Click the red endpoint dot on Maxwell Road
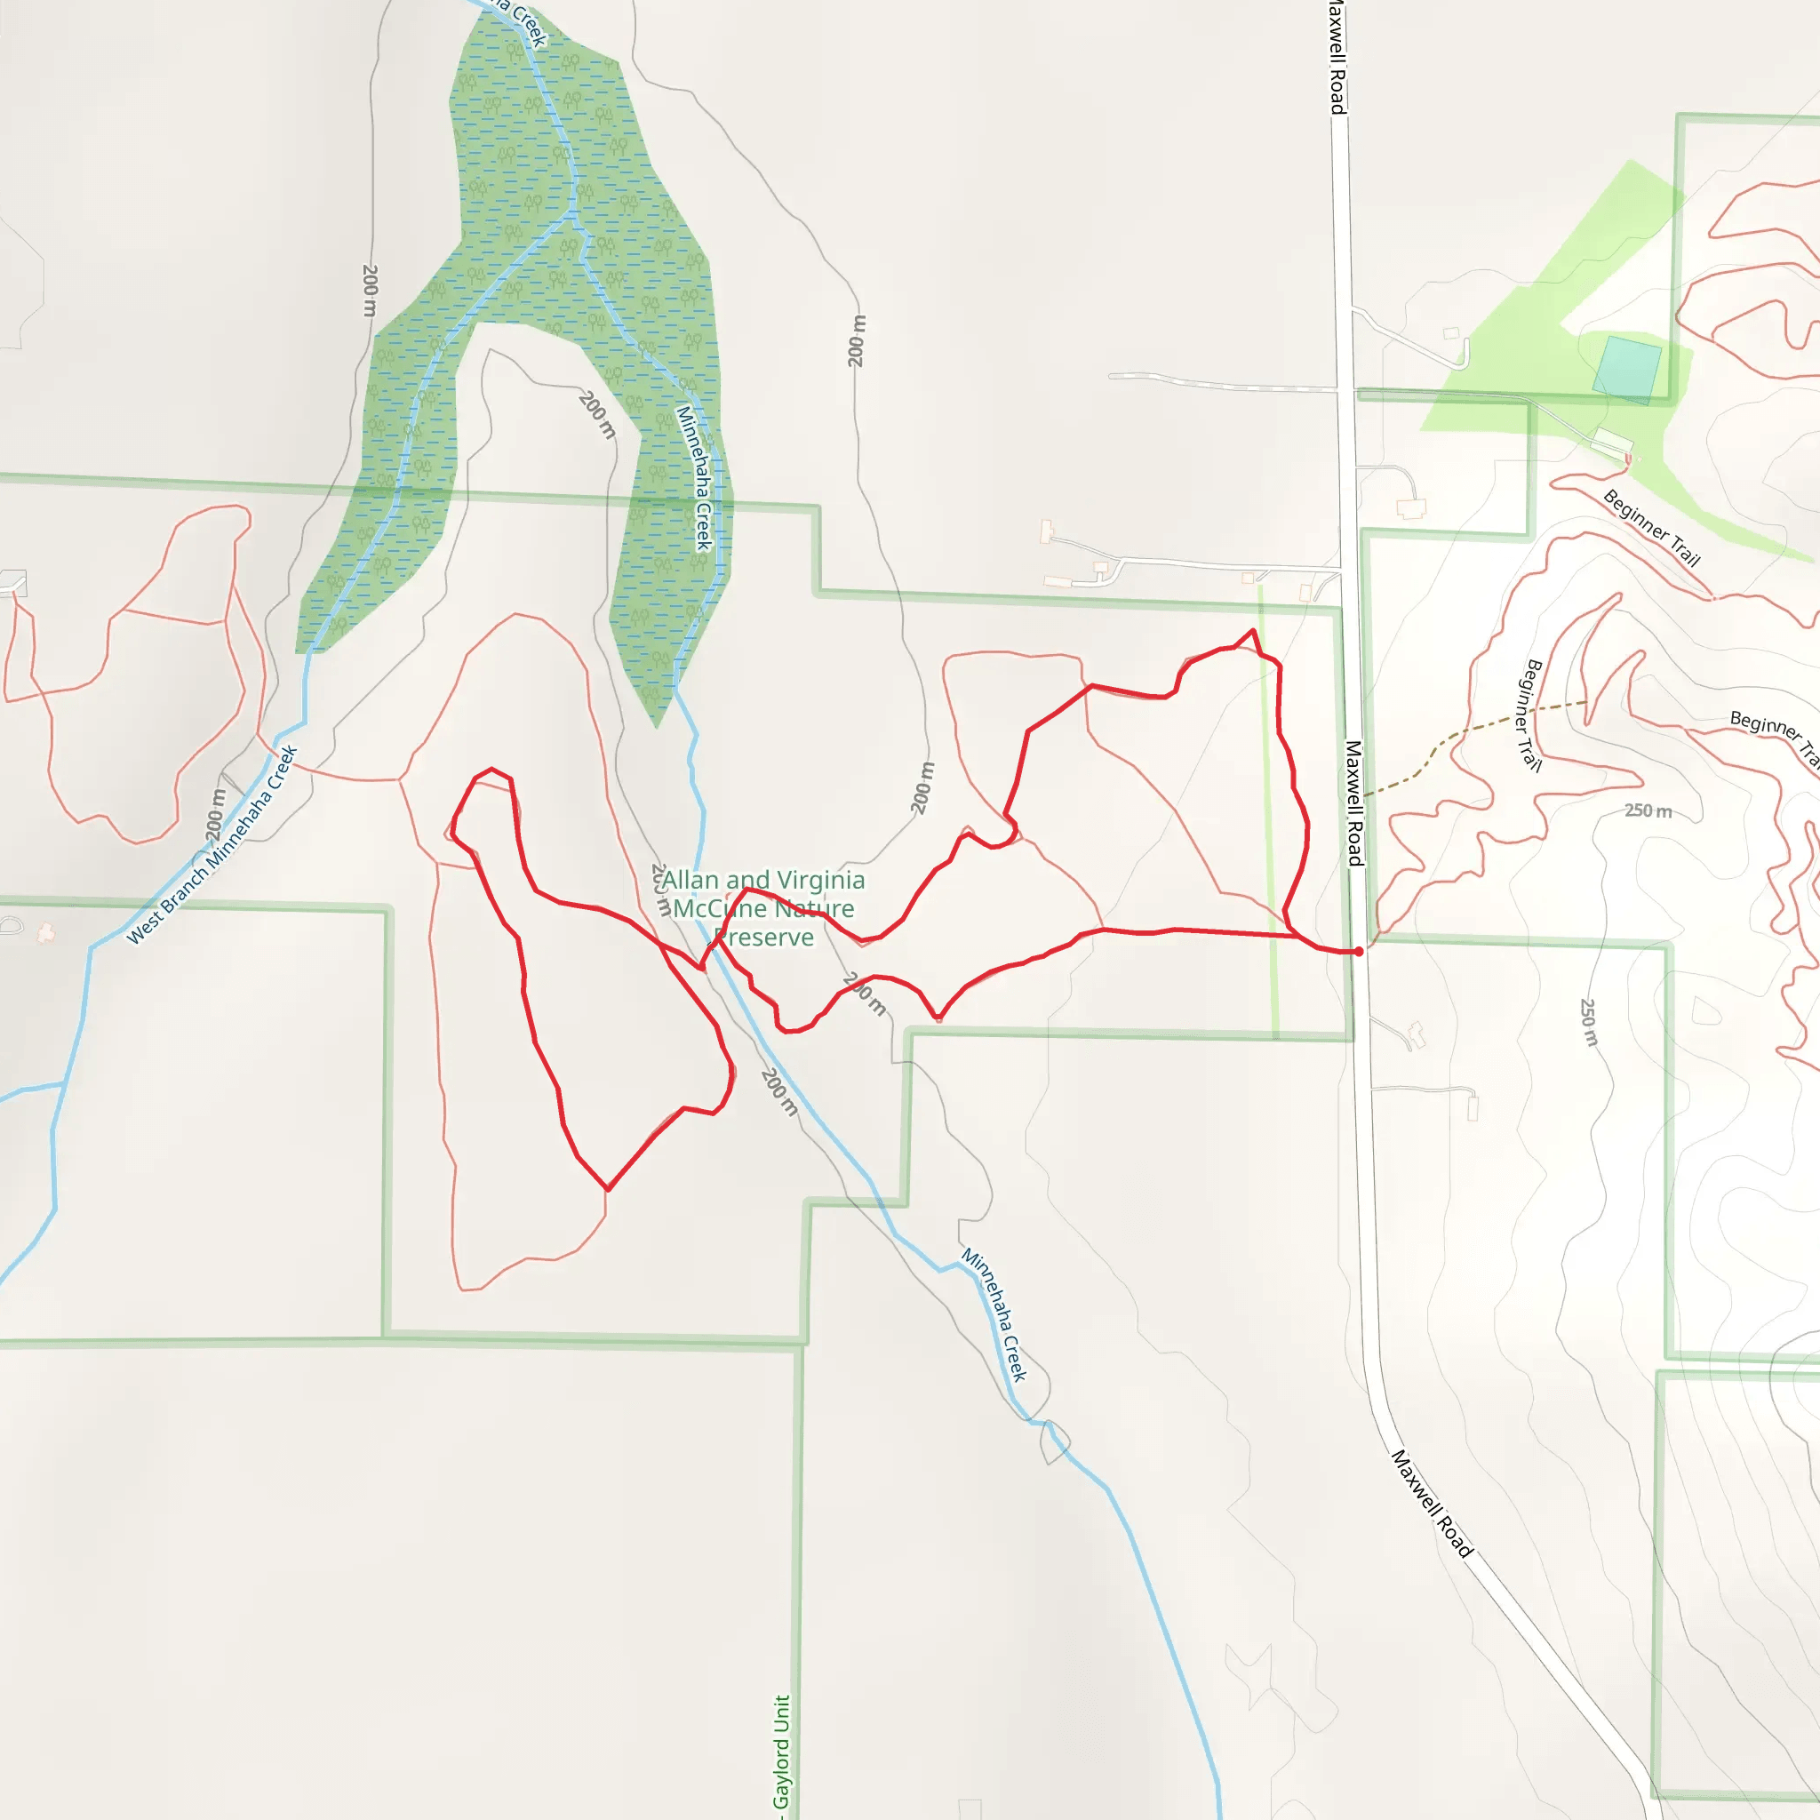click(x=1359, y=952)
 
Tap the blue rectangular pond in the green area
click(x=1626, y=370)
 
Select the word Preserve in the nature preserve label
click(x=764, y=938)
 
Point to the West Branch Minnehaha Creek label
click(x=212, y=845)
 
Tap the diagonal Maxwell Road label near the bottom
click(x=1432, y=1504)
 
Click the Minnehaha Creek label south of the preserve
click(x=994, y=1314)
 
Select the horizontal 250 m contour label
click(x=1648, y=810)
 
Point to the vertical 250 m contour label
click(x=1588, y=1022)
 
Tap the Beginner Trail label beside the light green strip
click(x=1651, y=529)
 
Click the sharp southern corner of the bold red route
click(x=609, y=1190)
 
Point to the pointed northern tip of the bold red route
click(x=1253, y=630)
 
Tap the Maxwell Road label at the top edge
click(x=1337, y=57)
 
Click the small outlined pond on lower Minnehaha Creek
click(x=1056, y=1442)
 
